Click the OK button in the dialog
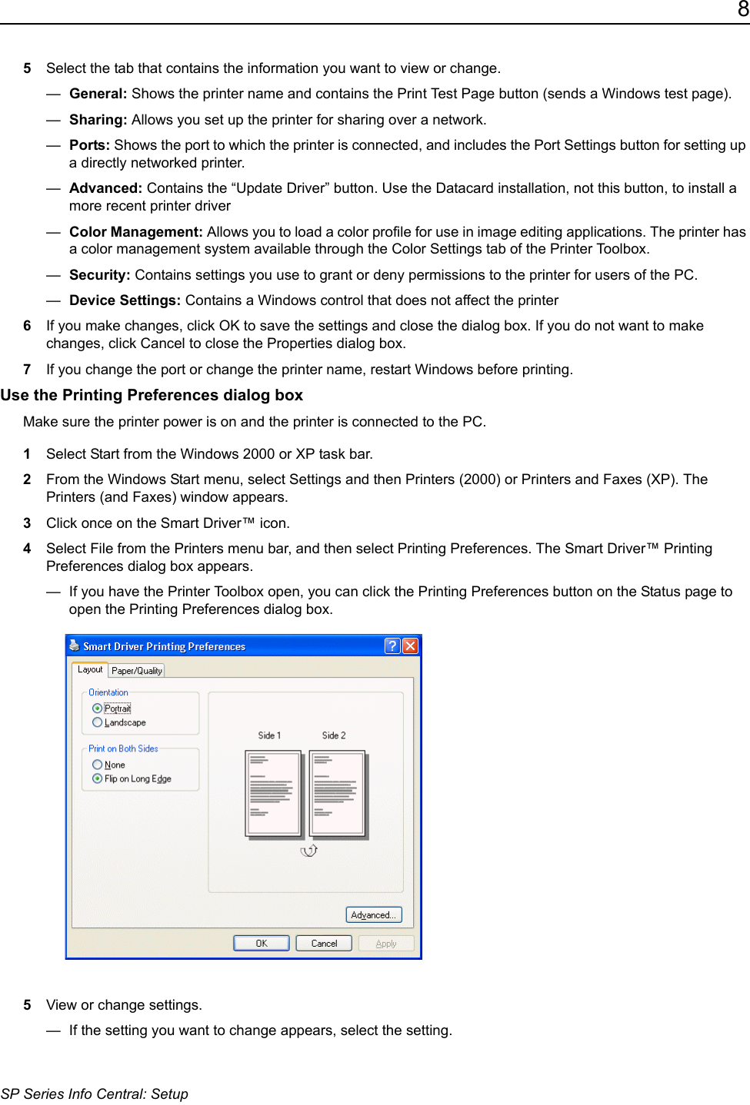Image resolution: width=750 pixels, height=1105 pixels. click(x=262, y=943)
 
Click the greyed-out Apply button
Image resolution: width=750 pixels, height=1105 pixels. click(x=386, y=943)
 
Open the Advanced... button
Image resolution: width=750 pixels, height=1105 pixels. click(x=373, y=914)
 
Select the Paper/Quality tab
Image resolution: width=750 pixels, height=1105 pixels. click(x=137, y=670)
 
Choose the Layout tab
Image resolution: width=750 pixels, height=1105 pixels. click(x=90, y=669)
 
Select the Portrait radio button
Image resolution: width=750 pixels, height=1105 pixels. click(x=97, y=708)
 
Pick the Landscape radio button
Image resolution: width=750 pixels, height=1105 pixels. click(x=97, y=722)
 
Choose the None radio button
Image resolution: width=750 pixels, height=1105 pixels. click(x=97, y=765)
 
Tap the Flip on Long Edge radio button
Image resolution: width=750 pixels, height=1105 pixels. click(x=97, y=778)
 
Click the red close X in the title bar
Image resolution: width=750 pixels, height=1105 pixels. click(x=411, y=645)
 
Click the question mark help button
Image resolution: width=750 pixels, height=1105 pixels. click(x=392, y=645)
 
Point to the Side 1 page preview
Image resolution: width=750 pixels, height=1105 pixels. click(x=272, y=793)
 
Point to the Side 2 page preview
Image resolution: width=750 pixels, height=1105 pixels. click(x=337, y=793)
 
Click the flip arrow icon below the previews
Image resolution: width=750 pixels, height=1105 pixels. click(x=309, y=850)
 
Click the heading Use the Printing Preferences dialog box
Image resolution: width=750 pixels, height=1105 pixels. click(x=152, y=395)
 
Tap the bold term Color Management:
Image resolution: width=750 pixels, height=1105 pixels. click(x=136, y=232)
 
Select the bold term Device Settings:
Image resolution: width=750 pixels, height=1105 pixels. click(x=125, y=300)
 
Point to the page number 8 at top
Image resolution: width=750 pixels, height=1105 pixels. click(x=743, y=9)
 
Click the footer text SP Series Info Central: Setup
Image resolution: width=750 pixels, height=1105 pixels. click(x=95, y=1093)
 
